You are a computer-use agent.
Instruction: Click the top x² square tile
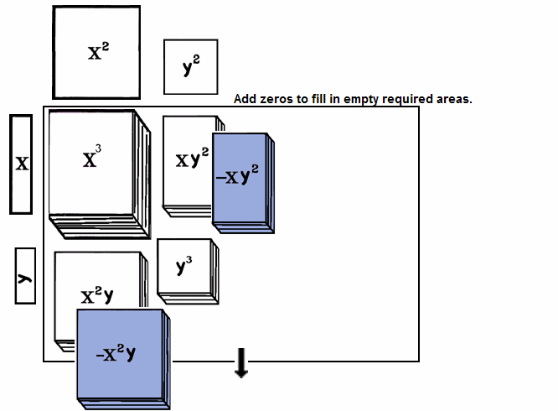[96, 52]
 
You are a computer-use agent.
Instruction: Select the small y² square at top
[190, 67]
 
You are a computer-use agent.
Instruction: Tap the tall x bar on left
[22, 164]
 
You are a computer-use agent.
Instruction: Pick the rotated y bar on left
[25, 275]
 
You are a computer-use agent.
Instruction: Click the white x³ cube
[92, 164]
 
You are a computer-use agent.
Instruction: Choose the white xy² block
[187, 159]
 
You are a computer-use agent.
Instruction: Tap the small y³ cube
[184, 268]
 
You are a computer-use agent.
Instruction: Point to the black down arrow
[241, 363]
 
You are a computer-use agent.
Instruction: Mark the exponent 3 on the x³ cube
[99, 150]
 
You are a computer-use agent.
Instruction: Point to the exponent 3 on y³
[189, 260]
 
